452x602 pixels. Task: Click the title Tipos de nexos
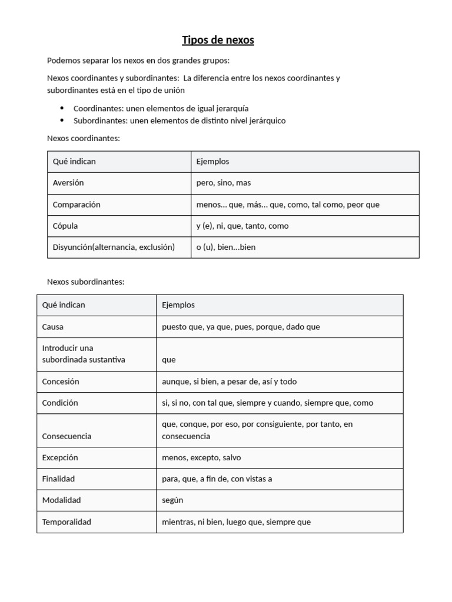click(218, 40)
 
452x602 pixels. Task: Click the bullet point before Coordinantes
click(62, 109)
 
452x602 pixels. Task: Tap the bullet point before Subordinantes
click(62, 121)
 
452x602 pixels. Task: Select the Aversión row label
click(68, 183)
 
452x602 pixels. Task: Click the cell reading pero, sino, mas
click(224, 183)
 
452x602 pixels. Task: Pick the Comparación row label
click(77, 205)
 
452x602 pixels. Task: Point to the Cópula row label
click(65, 226)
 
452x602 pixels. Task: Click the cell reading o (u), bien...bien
click(226, 247)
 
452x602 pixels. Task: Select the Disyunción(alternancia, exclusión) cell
click(114, 247)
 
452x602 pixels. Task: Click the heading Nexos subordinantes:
click(85, 282)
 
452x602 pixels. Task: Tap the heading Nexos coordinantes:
click(83, 138)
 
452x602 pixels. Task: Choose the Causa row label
click(53, 327)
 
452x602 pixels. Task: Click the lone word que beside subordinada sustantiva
click(169, 360)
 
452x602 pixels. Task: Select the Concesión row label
click(61, 382)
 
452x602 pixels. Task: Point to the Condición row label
click(60, 403)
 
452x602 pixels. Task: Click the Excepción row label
click(60, 457)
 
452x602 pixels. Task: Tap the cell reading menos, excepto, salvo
click(201, 457)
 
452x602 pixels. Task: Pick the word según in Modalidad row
click(173, 500)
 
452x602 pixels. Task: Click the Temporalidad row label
click(67, 522)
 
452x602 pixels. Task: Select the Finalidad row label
click(58, 479)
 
